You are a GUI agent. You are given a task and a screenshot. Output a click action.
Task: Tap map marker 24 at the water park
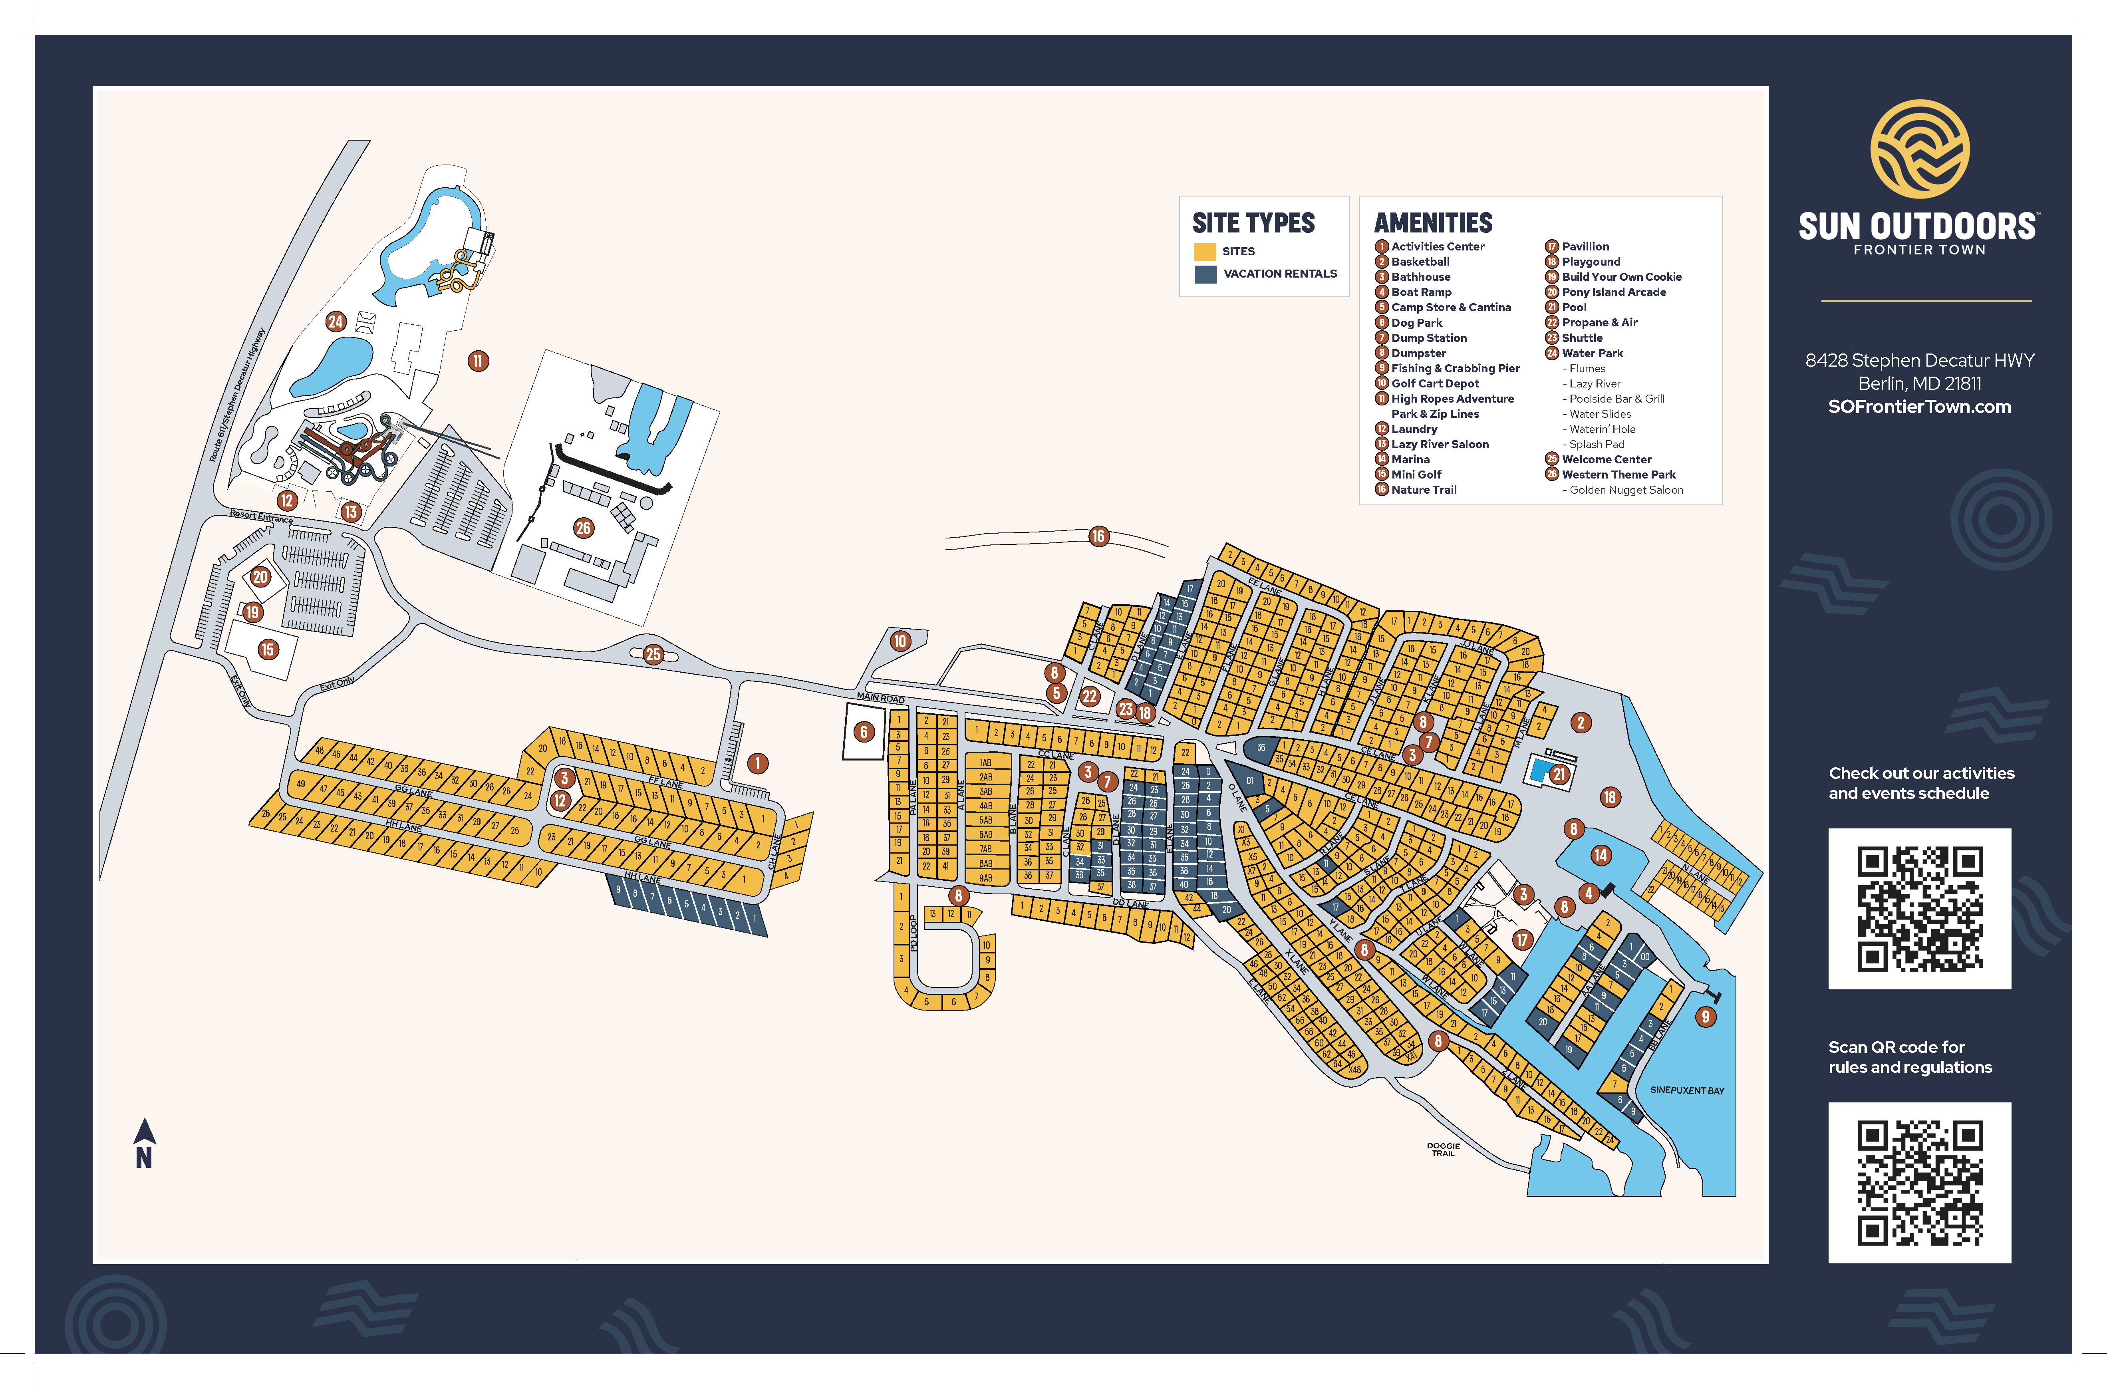point(336,321)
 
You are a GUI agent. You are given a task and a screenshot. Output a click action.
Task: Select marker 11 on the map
point(478,360)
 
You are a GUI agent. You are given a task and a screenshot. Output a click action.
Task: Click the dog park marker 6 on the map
point(864,731)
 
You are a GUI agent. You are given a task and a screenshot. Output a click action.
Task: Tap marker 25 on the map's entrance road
point(653,654)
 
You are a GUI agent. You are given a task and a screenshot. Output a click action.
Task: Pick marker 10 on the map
point(900,641)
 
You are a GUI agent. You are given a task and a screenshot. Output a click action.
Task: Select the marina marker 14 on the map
point(1601,855)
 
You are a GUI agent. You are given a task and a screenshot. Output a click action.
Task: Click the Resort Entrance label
point(261,516)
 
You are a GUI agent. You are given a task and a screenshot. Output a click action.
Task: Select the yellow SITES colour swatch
point(1205,251)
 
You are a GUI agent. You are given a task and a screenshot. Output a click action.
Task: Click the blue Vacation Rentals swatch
point(1205,274)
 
